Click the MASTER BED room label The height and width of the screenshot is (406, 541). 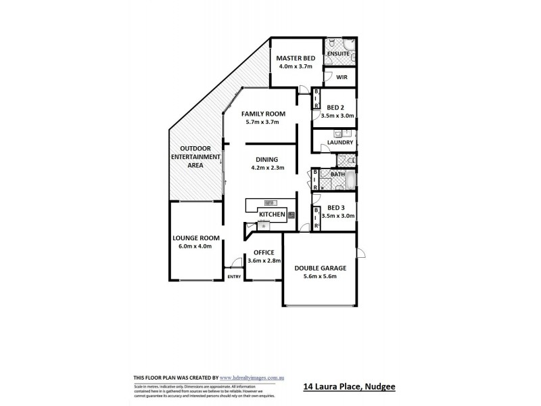click(x=296, y=58)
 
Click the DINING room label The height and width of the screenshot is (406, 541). click(x=267, y=160)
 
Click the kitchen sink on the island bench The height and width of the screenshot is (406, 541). click(x=269, y=202)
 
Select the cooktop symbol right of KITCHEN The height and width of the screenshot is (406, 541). click(x=291, y=215)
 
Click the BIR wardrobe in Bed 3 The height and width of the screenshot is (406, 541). click(x=316, y=218)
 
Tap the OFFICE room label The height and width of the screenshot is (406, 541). click(x=263, y=252)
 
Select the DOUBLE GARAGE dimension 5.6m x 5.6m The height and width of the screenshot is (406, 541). click(x=321, y=276)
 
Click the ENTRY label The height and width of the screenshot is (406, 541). click(x=234, y=277)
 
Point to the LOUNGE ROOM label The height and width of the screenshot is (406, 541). click(x=196, y=238)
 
